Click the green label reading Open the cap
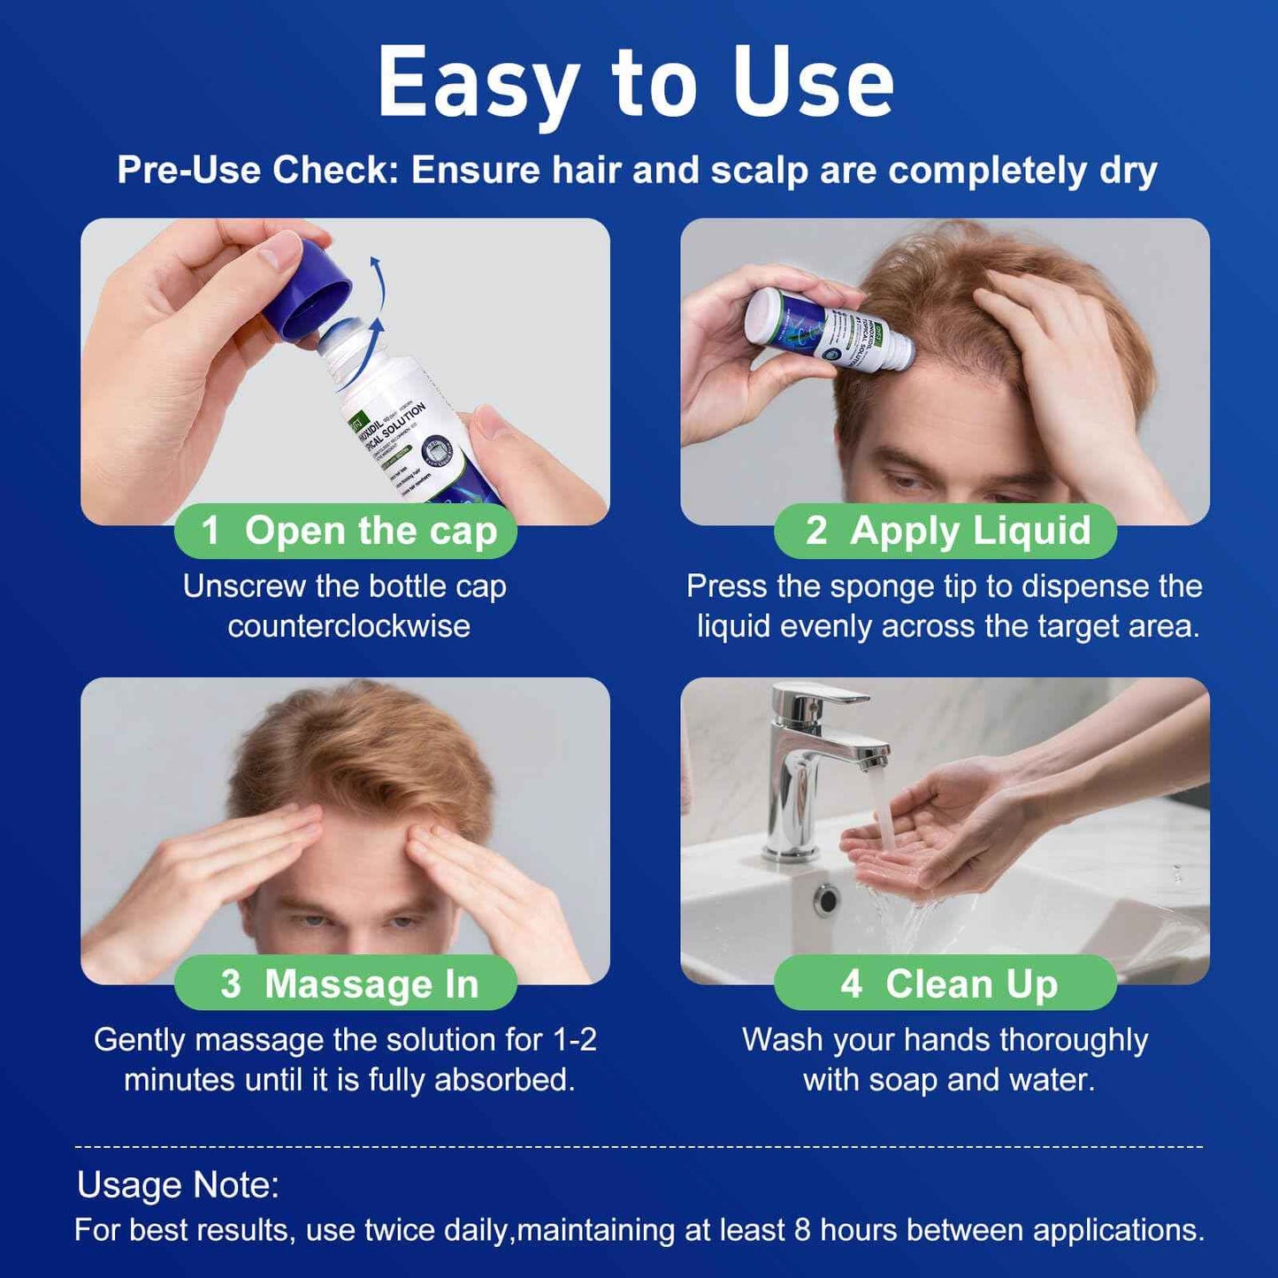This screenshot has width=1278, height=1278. pyautogui.click(x=346, y=531)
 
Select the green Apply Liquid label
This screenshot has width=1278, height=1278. pyautogui.click(x=945, y=531)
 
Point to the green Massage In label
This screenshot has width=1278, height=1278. pyautogui.click(x=346, y=983)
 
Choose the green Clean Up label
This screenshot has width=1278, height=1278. pyautogui.click(x=945, y=983)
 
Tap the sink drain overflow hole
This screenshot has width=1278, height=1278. pyautogui.click(x=827, y=899)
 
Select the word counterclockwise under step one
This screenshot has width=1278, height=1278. pyautogui.click(x=348, y=626)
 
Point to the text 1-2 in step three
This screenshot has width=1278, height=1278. pyautogui.click(x=574, y=1040)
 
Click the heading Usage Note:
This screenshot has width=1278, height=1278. pyautogui.click(x=178, y=1185)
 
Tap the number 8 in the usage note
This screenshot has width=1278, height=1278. pyautogui.click(x=801, y=1230)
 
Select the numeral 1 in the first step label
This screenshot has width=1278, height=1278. pyautogui.click(x=210, y=532)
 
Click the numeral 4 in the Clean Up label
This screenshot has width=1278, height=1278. pyautogui.click(x=851, y=983)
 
